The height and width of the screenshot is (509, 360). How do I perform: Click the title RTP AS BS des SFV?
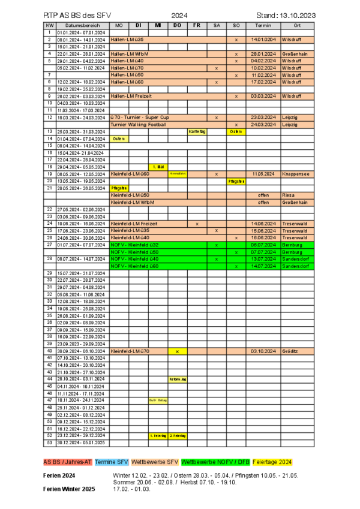click(x=77, y=14)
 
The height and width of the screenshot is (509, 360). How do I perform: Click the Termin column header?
click(x=263, y=25)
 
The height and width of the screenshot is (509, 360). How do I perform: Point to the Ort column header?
click(x=298, y=25)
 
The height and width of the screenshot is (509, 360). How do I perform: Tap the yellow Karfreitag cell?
click(x=197, y=131)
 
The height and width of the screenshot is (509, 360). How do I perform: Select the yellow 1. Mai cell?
click(x=158, y=167)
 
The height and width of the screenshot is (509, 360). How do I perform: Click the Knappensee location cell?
click(x=296, y=174)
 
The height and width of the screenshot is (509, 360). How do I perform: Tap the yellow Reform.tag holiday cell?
click(x=177, y=379)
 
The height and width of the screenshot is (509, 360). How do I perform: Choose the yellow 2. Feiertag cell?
click(x=177, y=436)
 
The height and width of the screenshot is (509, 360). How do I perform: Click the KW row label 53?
click(x=49, y=442)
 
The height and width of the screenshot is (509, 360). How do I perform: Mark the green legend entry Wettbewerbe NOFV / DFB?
click(x=215, y=463)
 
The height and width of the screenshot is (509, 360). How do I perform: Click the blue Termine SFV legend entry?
click(x=112, y=463)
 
